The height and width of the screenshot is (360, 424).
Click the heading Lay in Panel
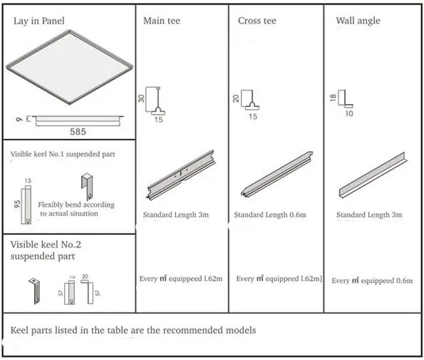[x=39, y=21]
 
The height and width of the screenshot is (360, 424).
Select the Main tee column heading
[x=162, y=21]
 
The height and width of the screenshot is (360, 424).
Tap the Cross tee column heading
[x=258, y=21]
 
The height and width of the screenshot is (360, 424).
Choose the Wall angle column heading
[x=358, y=21]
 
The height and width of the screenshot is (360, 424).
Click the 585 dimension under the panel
[x=78, y=132]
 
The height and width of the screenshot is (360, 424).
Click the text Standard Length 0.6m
[x=270, y=215]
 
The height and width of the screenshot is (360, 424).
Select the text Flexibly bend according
[x=76, y=205]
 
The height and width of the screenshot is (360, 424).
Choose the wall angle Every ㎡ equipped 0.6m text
[x=371, y=281]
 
